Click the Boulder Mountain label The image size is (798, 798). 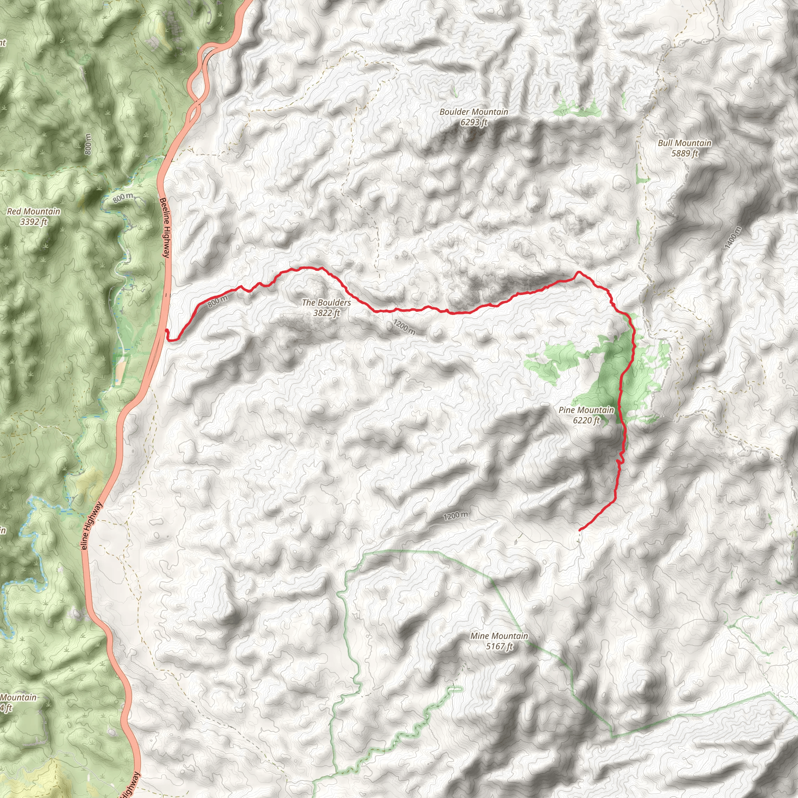473,111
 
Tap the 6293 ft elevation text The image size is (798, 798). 474,122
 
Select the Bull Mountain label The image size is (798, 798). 684,143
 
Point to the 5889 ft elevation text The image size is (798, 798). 684,154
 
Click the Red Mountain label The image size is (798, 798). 34,212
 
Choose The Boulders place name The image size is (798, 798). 326,302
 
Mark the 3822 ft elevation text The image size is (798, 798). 326,313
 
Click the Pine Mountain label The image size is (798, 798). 586,410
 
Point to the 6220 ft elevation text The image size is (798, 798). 586,420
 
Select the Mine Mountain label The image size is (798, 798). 499,636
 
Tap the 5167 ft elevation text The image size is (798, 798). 499,646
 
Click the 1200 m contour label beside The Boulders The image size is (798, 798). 404,327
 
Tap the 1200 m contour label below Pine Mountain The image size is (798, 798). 455,516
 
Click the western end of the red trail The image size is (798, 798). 166,331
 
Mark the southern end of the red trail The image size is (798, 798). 580,530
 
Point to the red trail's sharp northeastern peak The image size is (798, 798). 579,272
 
